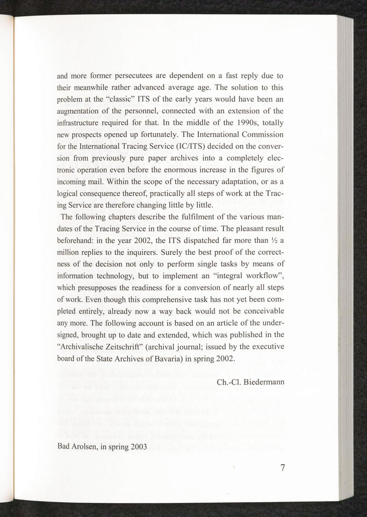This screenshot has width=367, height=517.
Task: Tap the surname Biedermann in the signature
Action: point(264,382)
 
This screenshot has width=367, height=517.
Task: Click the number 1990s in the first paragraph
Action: point(225,123)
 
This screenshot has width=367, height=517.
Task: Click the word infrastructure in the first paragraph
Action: point(79,123)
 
